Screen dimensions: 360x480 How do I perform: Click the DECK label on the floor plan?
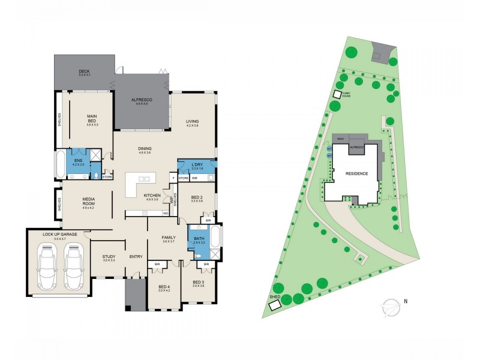click(x=84, y=71)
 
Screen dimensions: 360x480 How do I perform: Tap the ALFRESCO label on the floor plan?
click(x=142, y=100)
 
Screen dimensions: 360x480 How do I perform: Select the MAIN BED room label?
click(x=92, y=119)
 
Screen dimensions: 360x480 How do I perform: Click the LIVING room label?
click(x=191, y=121)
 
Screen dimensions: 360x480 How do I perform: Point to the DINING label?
click(x=145, y=148)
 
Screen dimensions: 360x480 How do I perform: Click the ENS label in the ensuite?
click(x=78, y=160)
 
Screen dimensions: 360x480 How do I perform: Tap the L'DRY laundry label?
click(x=196, y=165)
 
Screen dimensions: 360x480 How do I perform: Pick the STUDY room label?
click(x=108, y=257)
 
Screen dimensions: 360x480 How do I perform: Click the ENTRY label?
click(x=136, y=257)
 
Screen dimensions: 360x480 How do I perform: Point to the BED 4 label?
click(x=163, y=287)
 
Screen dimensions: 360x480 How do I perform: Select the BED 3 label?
click(x=199, y=282)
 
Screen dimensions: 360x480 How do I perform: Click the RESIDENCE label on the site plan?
click(x=356, y=173)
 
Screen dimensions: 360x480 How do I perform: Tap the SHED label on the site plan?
click(x=275, y=296)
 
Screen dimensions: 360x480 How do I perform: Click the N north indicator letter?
click(x=406, y=301)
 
